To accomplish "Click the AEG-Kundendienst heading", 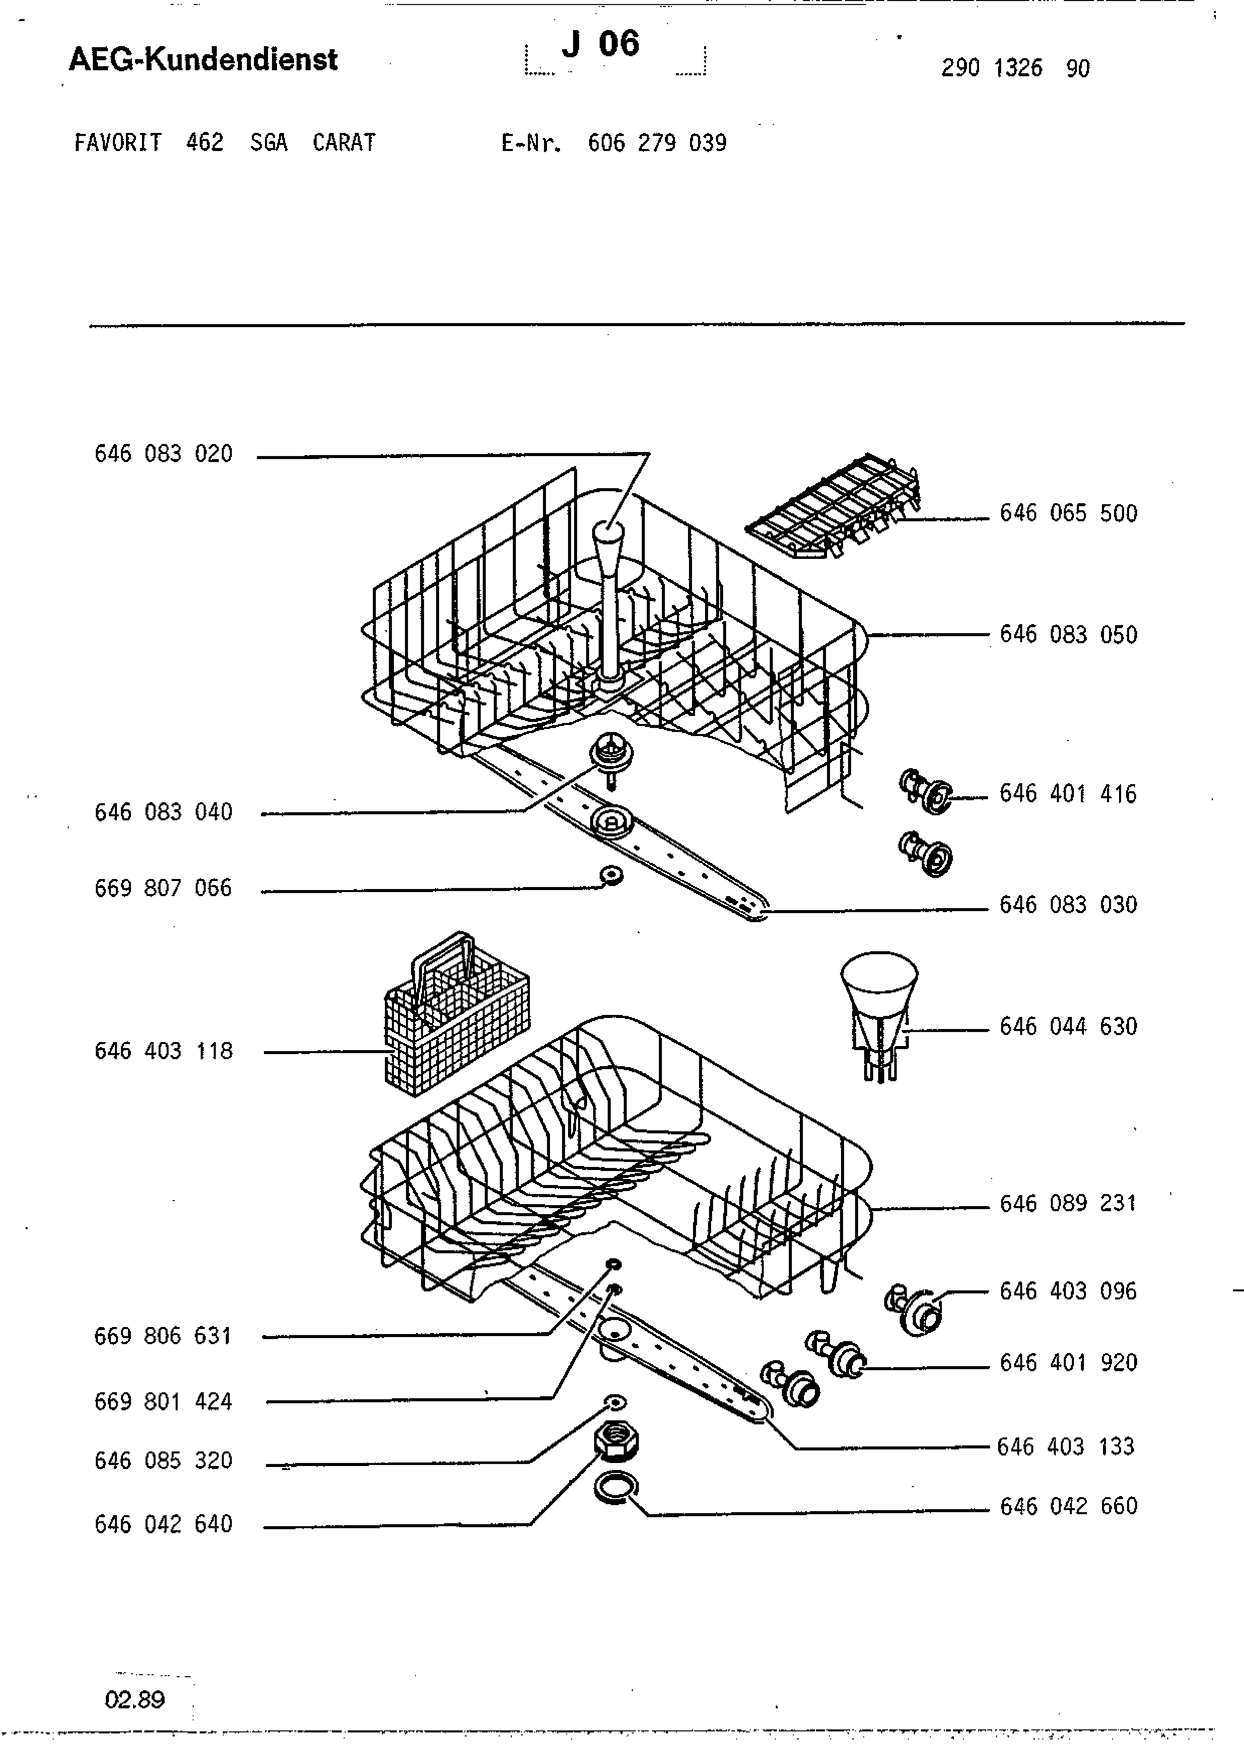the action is pos(203,59).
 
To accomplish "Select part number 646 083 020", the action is pos(163,454).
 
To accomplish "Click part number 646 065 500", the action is pos(1068,514).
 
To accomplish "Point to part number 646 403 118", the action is pos(163,1051).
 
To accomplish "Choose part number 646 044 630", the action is pos(1068,1026).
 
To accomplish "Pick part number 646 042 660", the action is pos(1068,1506).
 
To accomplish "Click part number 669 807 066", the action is pos(163,889).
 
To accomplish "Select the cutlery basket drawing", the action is pos(457,1013).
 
